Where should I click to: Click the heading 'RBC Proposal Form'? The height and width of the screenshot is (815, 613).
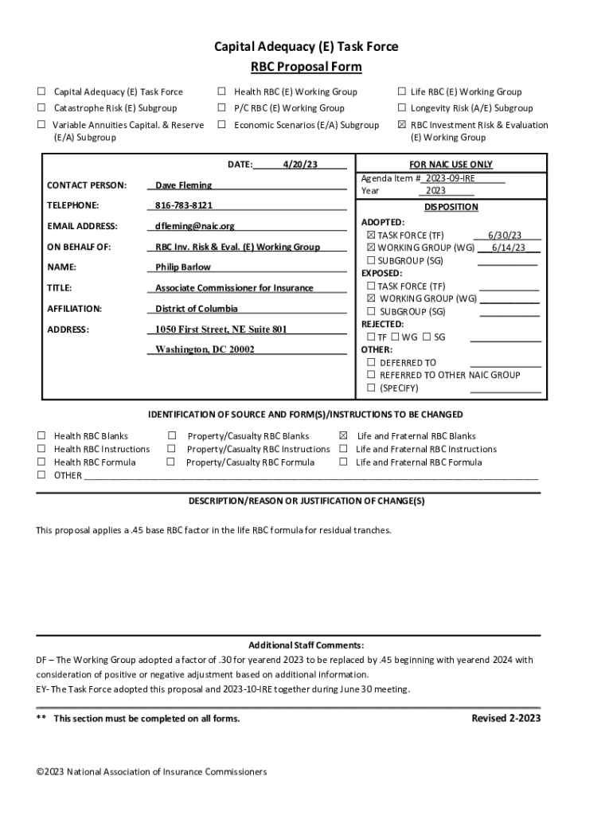306,67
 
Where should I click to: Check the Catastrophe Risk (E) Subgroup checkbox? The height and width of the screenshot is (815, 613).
41,108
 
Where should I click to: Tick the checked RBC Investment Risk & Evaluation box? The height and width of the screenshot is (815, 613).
402,125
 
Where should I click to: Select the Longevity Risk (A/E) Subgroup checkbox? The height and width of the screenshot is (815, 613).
402,108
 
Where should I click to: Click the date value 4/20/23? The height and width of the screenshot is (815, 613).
300,165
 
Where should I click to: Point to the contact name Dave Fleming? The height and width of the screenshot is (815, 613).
183,185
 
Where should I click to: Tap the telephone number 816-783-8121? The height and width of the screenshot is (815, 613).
184,205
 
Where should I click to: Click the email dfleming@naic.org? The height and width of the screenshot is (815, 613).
195,226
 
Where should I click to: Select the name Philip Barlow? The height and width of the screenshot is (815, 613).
183,267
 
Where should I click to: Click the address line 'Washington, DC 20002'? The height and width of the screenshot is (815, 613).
205,349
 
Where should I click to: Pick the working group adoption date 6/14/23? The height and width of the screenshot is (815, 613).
508,248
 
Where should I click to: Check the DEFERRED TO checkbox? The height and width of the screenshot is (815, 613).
371,363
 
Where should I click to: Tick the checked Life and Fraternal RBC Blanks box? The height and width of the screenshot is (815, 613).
344,436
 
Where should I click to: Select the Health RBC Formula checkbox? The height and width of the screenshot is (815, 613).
41,462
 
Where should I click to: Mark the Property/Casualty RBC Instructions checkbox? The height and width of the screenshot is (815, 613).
171,450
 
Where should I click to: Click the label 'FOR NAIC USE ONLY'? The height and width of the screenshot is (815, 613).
450,165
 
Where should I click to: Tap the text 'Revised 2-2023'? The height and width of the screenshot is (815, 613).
506,718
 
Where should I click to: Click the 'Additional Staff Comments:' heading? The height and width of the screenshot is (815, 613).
306,645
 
